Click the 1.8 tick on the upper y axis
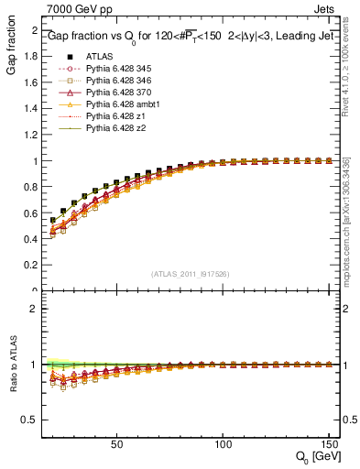pyautogui.click(x=31, y=57)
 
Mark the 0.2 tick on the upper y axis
pyautogui.click(x=31, y=266)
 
